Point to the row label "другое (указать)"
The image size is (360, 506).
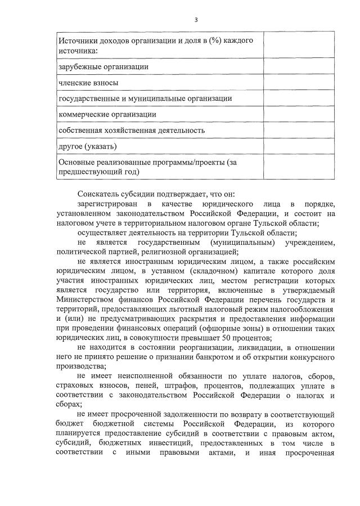pyautogui.click(x=88, y=146)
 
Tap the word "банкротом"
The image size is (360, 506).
pyautogui.click(x=188, y=357)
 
